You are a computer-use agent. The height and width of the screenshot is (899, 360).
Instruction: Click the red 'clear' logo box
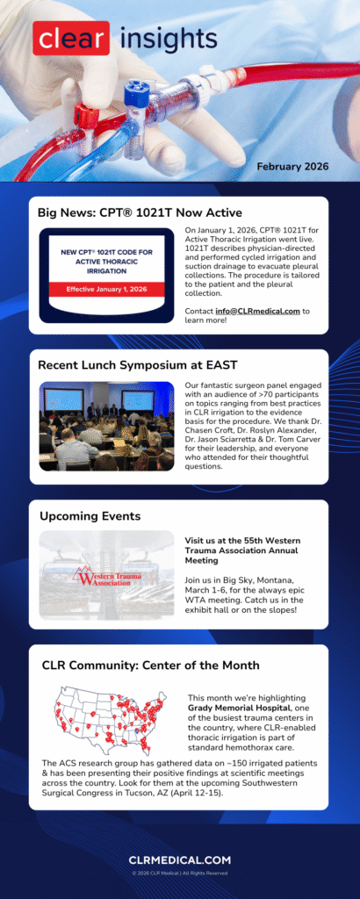pos(71,38)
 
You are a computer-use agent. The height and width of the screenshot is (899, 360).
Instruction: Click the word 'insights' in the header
pos(167,38)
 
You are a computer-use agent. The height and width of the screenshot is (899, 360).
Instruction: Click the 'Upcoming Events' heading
pos(90,515)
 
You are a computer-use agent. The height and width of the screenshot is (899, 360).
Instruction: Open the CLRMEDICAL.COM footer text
pos(180,860)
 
